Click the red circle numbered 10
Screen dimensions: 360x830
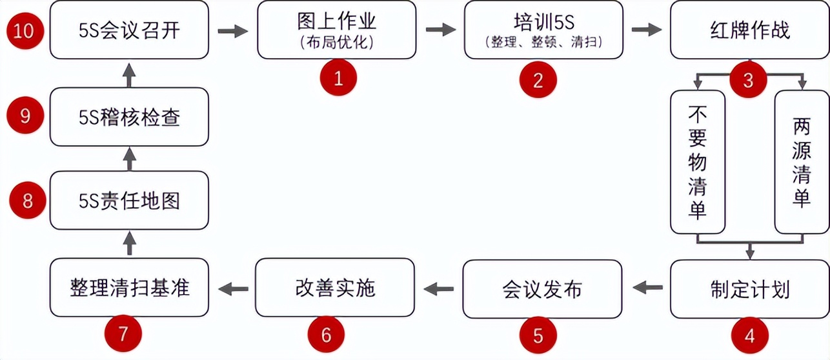pos(24,30)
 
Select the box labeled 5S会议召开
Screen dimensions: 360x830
pos(129,30)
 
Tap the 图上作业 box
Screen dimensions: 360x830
pos(336,30)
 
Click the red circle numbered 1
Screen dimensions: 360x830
pos(338,79)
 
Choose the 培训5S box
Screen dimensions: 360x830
pos(543,30)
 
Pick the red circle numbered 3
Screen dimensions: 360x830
pos(748,80)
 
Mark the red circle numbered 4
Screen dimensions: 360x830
pos(749,335)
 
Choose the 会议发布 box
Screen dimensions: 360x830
pos(542,288)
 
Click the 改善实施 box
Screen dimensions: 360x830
pos(335,288)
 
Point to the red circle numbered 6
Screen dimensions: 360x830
pos(326,335)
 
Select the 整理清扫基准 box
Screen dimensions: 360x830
pos(129,288)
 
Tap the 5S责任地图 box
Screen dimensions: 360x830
pos(129,201)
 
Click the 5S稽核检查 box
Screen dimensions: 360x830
pos(129,117)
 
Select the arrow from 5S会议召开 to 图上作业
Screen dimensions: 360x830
pos(232,31)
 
